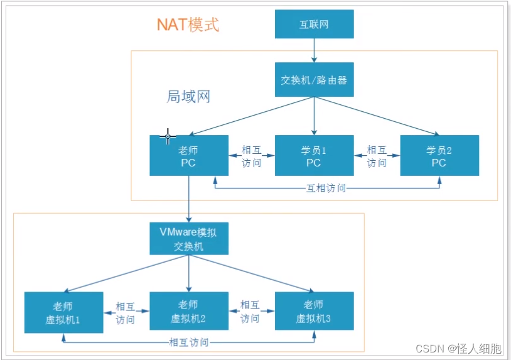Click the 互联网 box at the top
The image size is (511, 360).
click(x=314, y=25)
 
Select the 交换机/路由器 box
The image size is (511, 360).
click(x=314, y=80)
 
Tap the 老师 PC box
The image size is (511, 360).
click(x=188, y=155)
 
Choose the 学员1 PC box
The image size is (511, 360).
click(x=314, y=155)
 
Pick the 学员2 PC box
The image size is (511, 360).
click(x=439, y=155)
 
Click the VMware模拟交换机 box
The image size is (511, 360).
click(x=188, y=238)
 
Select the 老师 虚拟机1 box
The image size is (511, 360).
click(x=63, y=312)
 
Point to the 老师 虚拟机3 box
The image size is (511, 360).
click(x=314, y=312)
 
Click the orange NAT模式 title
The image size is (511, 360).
click(x=188, y=25)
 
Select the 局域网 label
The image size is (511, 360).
click(x=188, y=97)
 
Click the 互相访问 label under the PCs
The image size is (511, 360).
click(x=326, y=188)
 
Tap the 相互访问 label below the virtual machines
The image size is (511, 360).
click(x=189, y=342)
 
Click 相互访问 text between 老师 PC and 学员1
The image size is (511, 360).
click(x=251, y=156)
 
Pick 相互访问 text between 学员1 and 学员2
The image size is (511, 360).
click(x=377, y=156)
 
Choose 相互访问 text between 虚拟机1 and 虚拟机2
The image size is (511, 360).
click(x=126, y=312)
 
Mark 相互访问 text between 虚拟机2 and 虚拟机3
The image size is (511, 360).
click(x=250, y=312)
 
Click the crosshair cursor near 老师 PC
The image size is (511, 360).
click(x=168, y=136)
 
